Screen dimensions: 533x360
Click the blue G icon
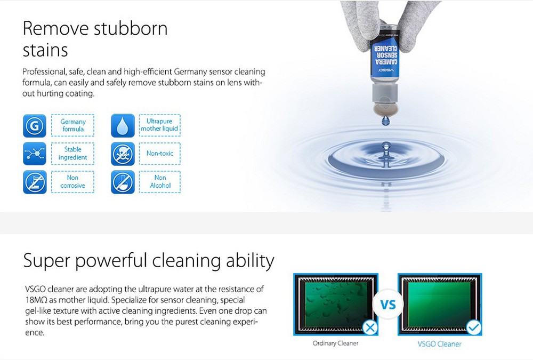[35, 126]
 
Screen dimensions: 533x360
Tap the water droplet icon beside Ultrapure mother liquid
[123, 126]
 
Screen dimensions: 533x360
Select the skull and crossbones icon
[123, 154]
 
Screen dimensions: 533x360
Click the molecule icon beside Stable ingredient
[35, 154]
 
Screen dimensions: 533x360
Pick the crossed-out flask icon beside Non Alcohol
[123, 182]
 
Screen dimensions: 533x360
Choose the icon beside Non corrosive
[35, 182]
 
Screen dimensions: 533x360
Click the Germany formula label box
[72, 125]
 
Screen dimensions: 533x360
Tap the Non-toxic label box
[160, 154]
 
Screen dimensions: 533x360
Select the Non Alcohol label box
[160, 182]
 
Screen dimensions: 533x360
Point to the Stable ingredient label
[72, 154]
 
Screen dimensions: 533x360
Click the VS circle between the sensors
[388, 305]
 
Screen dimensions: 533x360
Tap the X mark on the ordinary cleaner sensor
[370, 327]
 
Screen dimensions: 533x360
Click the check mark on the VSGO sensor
[473, 327]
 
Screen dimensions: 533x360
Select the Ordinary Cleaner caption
[335, 343]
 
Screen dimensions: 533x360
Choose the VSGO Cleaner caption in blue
[440, 344]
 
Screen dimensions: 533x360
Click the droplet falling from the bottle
[385, 120]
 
